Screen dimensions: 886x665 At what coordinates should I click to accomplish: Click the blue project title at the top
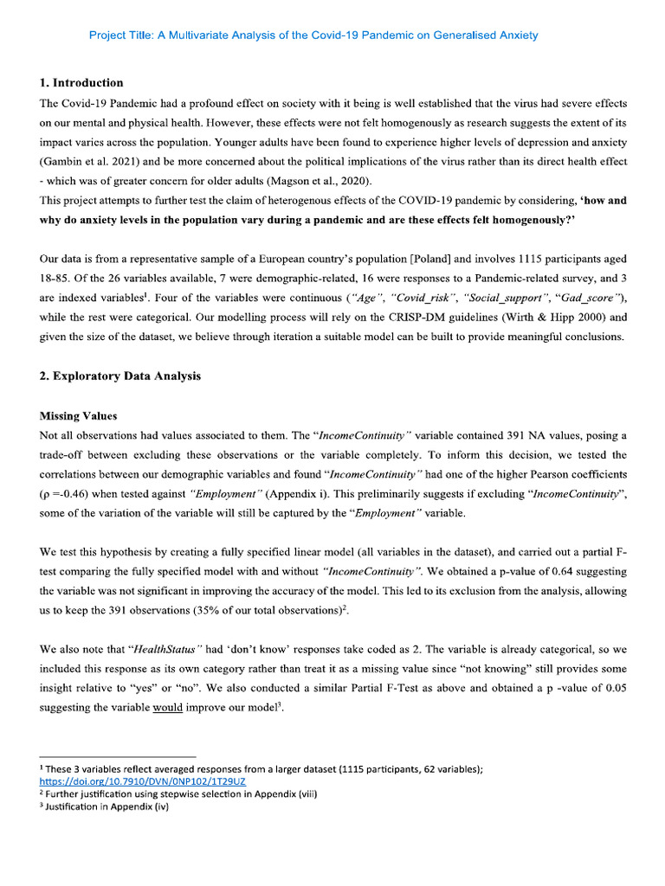point(313,35)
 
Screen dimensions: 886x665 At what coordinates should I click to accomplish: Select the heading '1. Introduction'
point(81,83)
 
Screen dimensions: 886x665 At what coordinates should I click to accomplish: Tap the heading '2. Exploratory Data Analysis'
point(120,376)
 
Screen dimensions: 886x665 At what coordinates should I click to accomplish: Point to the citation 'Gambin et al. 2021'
point(93,162)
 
